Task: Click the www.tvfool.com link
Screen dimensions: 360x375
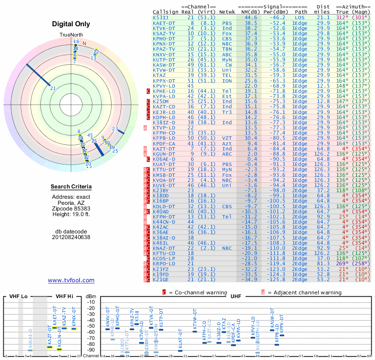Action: [71, 280]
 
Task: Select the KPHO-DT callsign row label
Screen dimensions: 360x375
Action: [165, 38]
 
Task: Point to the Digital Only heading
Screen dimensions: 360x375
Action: [71, 24]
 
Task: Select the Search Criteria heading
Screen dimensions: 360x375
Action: [71, 187]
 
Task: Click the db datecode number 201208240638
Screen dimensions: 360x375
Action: [71, 237]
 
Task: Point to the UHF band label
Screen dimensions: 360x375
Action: [237, 297]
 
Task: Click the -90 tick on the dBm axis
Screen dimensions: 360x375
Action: [91, 350]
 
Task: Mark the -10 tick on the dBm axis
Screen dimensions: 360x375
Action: [91, 302]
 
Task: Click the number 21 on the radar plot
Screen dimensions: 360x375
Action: [53, 88]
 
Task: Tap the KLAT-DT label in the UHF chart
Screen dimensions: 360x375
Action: [180, 339]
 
